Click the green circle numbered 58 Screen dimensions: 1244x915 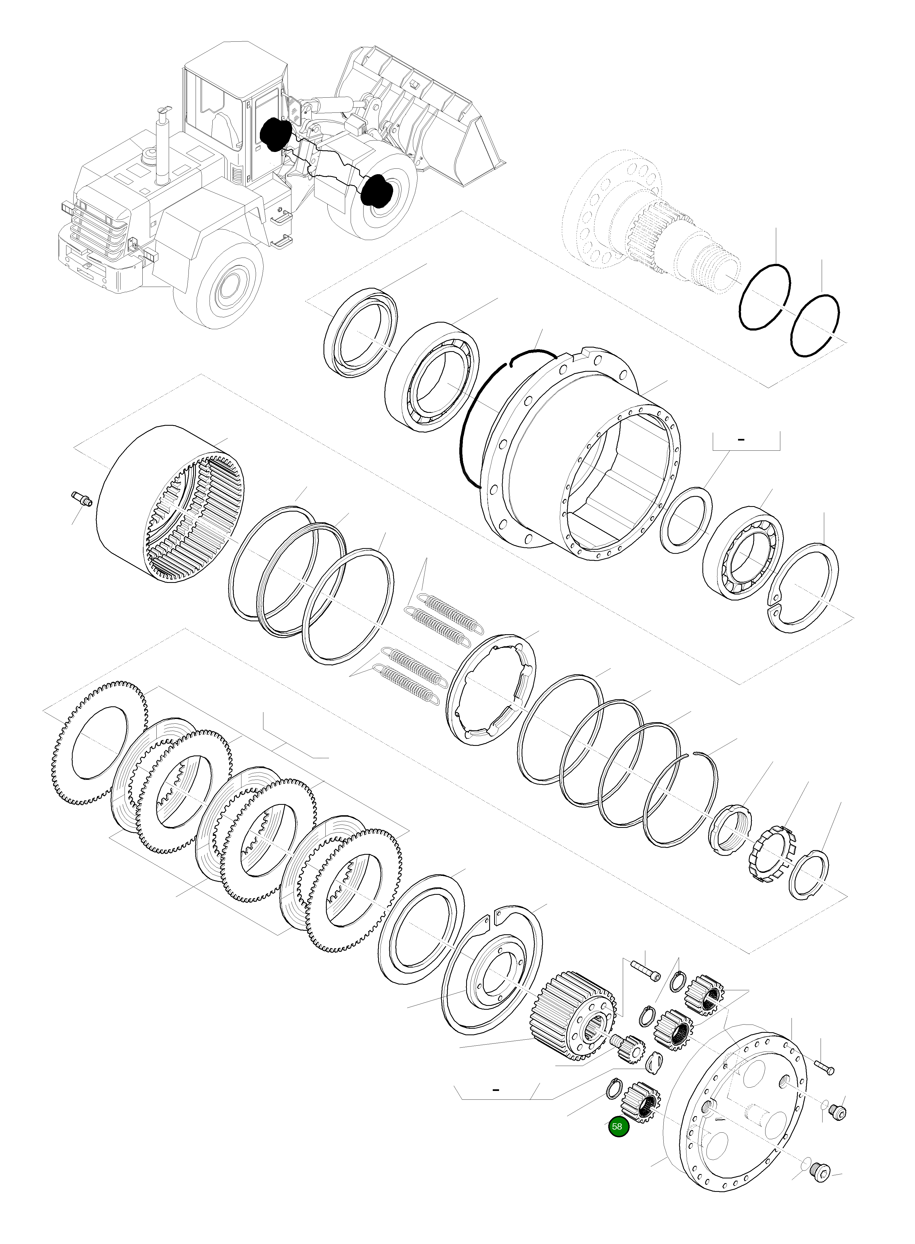pyautogui.click(x=618, y=1126)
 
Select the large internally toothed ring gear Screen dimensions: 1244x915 pyautogui.click(x=169, y=504)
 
